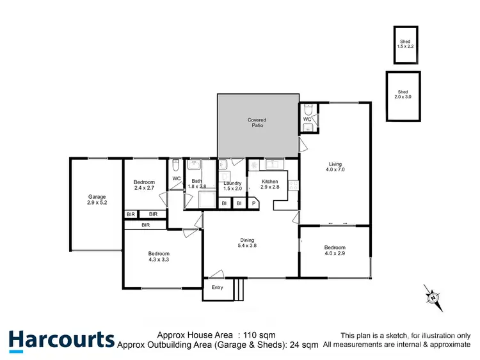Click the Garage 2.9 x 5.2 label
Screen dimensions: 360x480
[97, 200]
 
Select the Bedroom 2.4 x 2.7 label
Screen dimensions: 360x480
[144, 185]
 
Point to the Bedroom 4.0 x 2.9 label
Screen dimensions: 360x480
[334, 251]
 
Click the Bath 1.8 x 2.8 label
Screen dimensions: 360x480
[196, 184]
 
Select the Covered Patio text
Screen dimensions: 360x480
[257, 122]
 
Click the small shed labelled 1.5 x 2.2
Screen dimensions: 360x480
[404, 45]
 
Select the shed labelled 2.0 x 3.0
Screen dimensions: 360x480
[403, 96]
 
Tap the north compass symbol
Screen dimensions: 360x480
[433, 297]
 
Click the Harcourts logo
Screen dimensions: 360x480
[61, 340]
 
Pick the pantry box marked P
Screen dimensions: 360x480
[253, 203]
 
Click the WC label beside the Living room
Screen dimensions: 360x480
[307, 119]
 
